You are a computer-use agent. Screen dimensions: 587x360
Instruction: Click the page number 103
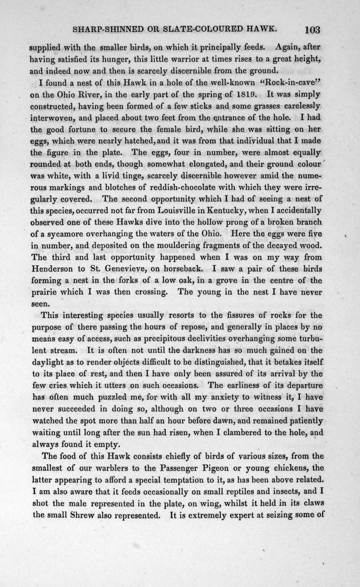311,29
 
